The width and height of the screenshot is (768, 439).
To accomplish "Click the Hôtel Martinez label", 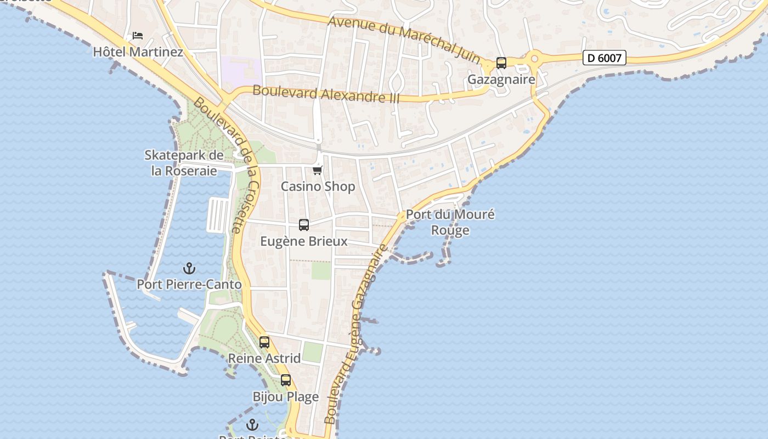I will tap(138, 52).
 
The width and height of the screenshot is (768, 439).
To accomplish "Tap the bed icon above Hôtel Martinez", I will tap(138, 36).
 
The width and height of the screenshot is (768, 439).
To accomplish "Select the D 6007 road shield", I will tap(604, 57).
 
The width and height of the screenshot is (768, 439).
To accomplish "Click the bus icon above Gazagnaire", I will tap(501, 63).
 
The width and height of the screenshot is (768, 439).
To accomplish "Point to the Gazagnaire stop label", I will tap(501, 80).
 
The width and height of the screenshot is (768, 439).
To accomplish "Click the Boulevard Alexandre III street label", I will tap(326, 94).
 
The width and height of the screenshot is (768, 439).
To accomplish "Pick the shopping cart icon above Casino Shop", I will tap(318, 170).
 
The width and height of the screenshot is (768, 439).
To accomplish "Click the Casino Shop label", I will tap(318, 187).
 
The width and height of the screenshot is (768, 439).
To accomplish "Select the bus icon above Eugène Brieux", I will tap(304, 225).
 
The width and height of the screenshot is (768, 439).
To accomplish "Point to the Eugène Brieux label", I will tap(303, 241).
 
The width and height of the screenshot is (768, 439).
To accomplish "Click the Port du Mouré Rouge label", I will tap(450, 222).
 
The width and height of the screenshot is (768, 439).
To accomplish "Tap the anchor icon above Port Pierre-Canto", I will tap(189, 268).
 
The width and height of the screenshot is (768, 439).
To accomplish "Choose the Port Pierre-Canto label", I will tap(189, 285).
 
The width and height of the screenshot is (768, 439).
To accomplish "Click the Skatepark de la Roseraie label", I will tap(184, 163).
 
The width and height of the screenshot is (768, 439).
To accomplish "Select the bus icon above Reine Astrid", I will tap(264, 342).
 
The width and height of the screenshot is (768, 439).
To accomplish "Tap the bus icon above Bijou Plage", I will tap(286, 380).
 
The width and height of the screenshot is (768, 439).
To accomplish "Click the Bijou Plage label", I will tap(285, 397).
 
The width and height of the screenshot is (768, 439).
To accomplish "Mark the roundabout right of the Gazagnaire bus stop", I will tap(534, 58).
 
